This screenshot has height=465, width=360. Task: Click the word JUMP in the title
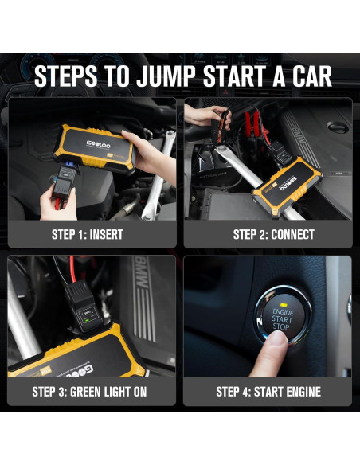pyautogui.click(x=166, y=76)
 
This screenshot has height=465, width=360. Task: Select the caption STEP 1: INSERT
pyautogui.click(x=87, y=234)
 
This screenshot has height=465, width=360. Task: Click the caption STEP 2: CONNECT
pyautogui.click(x=273, y=234)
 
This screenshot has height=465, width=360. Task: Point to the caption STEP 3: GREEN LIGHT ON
pyautogui.click(x=89, y=392)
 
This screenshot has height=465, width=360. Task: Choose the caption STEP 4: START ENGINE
pyautogui.click(x=268, y=392)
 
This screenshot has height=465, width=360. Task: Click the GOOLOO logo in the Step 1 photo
pyautogui.click(x=98, y=144)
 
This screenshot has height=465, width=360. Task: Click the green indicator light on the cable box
pyautogui.click(x=87, y=320)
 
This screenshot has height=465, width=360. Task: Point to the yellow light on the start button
pyautogui.click(x=284, y=305)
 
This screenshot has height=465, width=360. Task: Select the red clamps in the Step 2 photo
pyautogui.click(x=252, y=121)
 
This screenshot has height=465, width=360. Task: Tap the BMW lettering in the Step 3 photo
pyautogui.click(x=142, y=273)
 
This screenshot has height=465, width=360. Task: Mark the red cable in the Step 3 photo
pyautogui.click(x=72, y=269)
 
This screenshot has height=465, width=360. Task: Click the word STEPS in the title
pyautogui.click(x=66, y=76)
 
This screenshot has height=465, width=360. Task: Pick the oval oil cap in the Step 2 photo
pyautogui.click(x=338, y=128)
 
